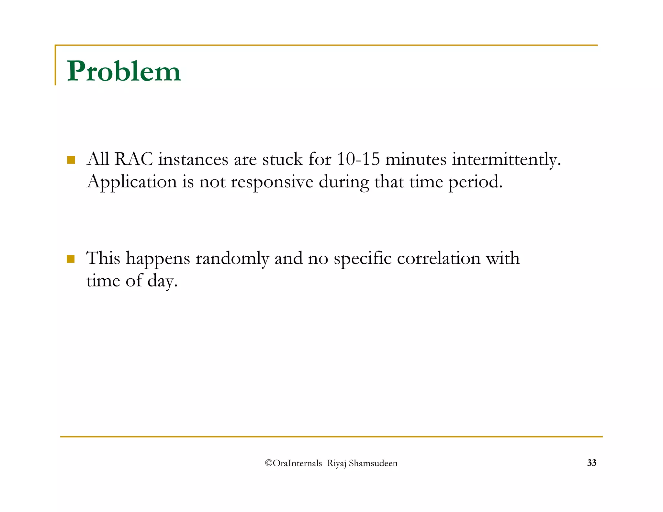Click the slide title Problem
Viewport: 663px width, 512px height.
[124, 71]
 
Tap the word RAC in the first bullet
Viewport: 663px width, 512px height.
[133, 159]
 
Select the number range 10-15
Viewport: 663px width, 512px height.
[358, 159]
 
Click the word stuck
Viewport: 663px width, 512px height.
[282, 159]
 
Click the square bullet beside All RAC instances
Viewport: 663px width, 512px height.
[71, 160]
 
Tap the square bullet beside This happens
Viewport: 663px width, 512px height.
[71, 259]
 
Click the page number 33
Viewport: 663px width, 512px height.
[591, 463]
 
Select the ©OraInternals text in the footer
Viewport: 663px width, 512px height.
[293, 463]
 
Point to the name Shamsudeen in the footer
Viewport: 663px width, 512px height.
[373, 463]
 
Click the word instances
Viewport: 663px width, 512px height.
[193, 159]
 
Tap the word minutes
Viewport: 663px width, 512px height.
[416, 159]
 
